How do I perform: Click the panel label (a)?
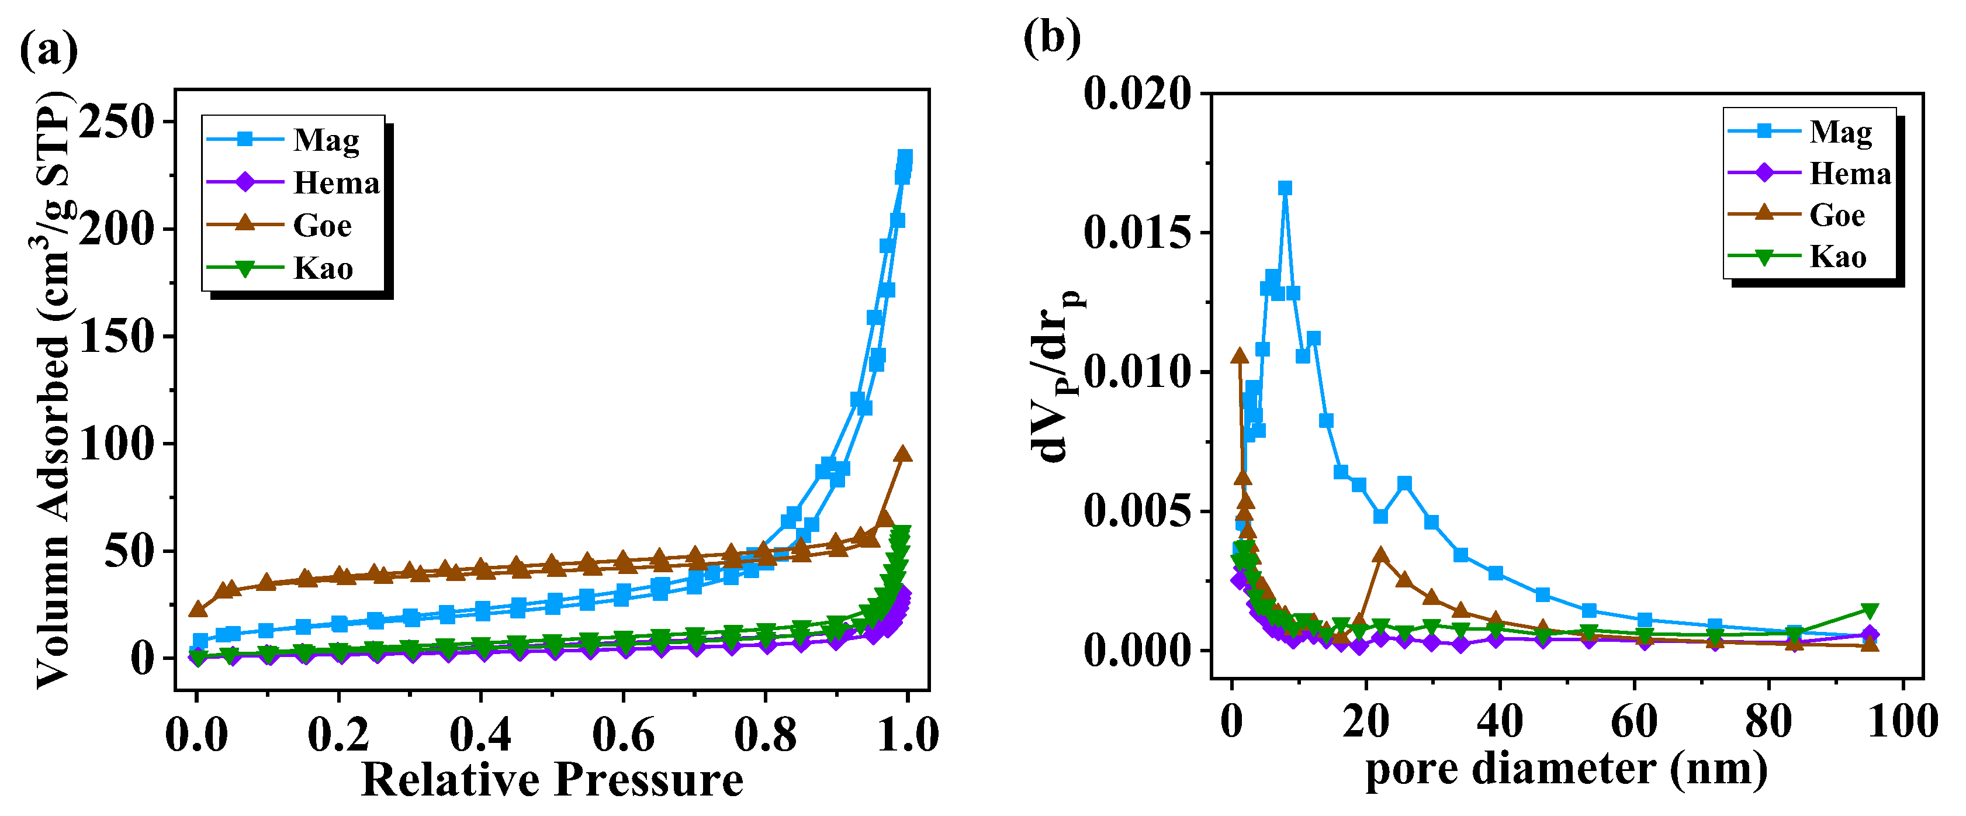tap(48, 50)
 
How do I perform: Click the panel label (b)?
tap(1052, 37)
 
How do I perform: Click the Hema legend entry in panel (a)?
tap(336, 182)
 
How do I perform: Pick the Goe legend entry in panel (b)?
tap(1836, 215)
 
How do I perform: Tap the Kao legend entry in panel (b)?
tap(1837, 257)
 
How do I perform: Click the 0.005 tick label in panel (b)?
tap(1137, 511)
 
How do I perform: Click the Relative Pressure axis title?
tap(552, 780)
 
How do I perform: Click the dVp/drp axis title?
tap(1057, 378)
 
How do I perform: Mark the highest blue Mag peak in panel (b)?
tap(1285, 188)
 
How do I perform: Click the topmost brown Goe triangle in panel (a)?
tap(903, 454)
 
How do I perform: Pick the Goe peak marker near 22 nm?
tap(1380, 554)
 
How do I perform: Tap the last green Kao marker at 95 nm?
tap(1869, 610)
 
